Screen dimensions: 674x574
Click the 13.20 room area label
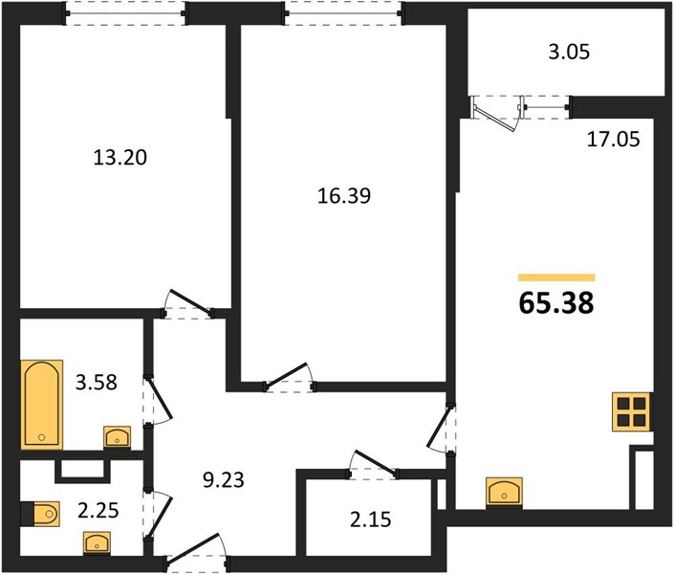tap(120, 158)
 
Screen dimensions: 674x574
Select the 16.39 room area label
tap(344, 196)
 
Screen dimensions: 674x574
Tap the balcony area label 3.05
tap(569, 52)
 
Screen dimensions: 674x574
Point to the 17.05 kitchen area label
tap(614, 140)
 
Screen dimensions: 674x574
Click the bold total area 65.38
tap(556, 302)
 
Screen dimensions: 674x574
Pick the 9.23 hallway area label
tap(224, 479)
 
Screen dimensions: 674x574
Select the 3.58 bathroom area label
tap(97, 382)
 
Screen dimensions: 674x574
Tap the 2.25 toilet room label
tap(98, 511)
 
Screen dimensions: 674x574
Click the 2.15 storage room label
tap(371, 519)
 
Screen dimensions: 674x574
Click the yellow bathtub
tap(42, 405)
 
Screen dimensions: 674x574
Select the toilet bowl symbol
tap(40, 514)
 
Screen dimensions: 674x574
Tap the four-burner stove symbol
tap(631, 411)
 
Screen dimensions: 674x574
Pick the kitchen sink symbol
tap(504, 492)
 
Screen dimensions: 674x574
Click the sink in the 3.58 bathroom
tap(117, 437)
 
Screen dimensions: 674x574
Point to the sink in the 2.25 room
tap(97, 543)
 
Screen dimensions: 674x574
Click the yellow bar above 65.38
tap(556, 277)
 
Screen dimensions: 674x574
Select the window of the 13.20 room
tap(125, 12)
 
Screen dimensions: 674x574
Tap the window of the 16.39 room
tap(343, 12)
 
